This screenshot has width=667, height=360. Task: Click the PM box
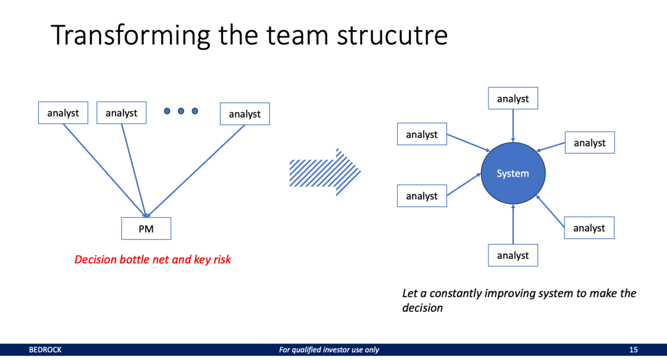pyautogui.click(x=146, y=228)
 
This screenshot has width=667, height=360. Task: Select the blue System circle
pyautogui.click(x=513, y=174)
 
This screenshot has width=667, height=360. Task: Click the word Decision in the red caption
pyautogui.click(x=94, y=260)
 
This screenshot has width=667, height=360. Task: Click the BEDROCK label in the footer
pyautogui.click(x=45, y=350)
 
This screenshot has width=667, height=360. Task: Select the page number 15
pyautogui.click(x=633, y=350)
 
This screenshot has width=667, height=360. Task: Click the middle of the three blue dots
pyautogui.click(x=181, y=111)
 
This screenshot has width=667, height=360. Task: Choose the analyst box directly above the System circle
pyautogui.click(x=513, y=99)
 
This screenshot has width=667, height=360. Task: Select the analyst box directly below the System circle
pyautogui.click(x=513, y=256)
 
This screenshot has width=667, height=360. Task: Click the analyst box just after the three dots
pyautogui.click(x=245, y=114)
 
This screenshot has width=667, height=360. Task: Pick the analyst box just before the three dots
pyautogui.click(x=121, y=113)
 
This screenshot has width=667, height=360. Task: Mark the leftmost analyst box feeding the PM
pyautogui.click(x=62, y=113)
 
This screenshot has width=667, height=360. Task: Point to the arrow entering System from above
pyautogui.click(x=513, y=127)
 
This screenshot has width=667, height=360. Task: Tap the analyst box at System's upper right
pyautogui.click(x=589, y=143)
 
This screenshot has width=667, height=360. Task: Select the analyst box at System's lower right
pyautogui.click(x=589, y=228)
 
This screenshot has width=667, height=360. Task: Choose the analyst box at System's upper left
pyautogui.click(x=421, y=135)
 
